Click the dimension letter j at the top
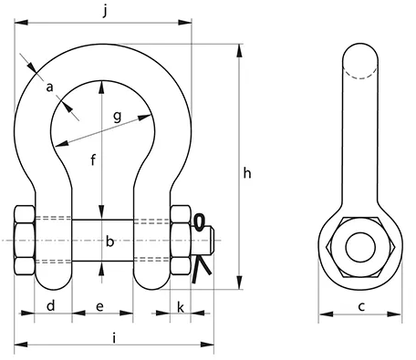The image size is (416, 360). pos(105,11)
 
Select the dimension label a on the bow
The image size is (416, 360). pos(49,87)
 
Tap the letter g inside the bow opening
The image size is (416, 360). pos(118,117)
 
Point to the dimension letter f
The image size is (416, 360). pos(93,159)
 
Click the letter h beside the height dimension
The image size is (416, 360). pos(247,173)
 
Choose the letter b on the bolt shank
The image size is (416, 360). pos(109,242)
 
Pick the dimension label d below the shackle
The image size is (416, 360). pos(51,305)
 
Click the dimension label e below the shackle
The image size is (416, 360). pos(99,307)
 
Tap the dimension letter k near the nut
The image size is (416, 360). pos(181,307)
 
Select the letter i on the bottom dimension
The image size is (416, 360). pos(114,338)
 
